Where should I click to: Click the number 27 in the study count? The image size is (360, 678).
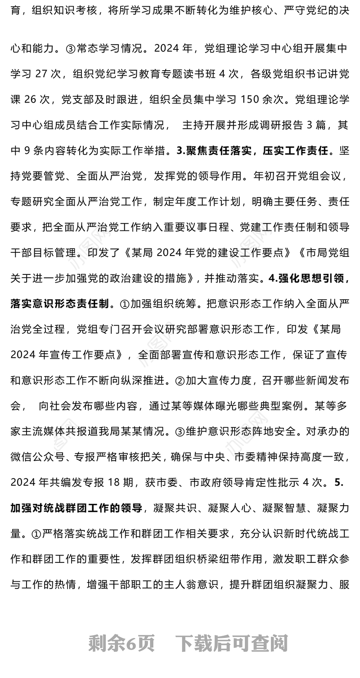40,74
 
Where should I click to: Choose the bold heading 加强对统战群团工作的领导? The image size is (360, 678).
76,508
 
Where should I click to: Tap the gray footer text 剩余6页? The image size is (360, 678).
121,644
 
